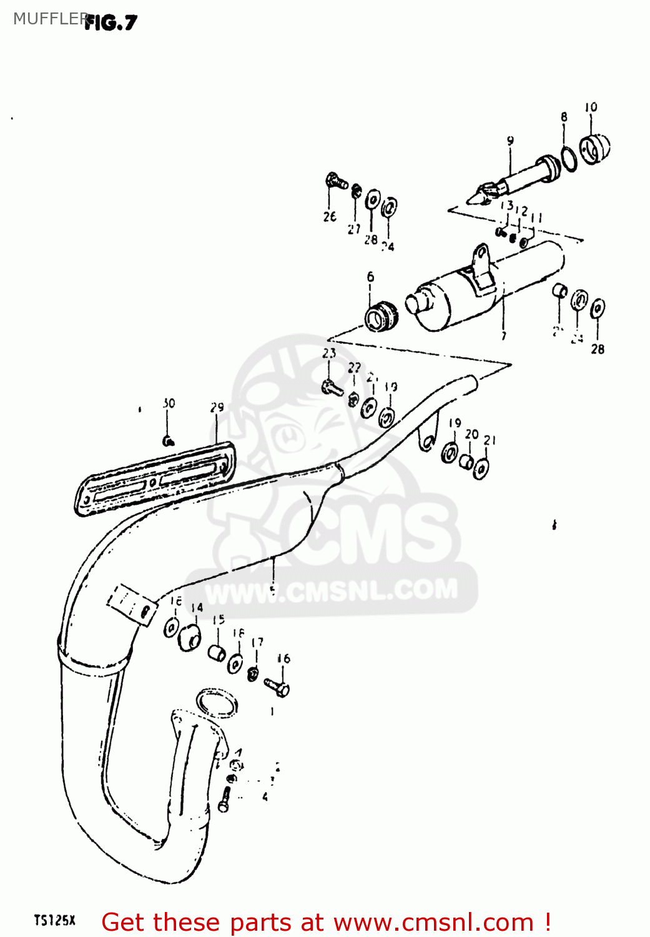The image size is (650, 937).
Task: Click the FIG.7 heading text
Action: (111, 22)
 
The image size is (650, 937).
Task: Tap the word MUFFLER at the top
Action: (49, 19)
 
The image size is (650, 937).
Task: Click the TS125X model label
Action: (55, 921)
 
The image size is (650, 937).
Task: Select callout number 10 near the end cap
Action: (591, 107)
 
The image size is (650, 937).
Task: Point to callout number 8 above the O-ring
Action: (564, 117)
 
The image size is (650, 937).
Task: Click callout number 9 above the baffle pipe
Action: (510, 141)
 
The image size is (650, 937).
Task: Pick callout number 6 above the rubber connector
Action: (370, 276)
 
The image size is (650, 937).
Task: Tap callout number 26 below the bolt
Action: (330, 217)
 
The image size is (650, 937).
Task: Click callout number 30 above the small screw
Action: (169, 404)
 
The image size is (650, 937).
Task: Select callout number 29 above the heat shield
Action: (217, 407)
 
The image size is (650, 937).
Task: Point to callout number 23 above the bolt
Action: (329, 353)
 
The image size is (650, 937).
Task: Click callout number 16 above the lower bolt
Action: (283, 658)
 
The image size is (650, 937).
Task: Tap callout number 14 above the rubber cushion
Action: (197, 607)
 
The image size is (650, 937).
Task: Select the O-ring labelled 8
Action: (569, 159)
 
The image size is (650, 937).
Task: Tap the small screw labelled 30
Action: (167, 442)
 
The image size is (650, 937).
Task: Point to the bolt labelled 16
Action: (277, 687)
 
